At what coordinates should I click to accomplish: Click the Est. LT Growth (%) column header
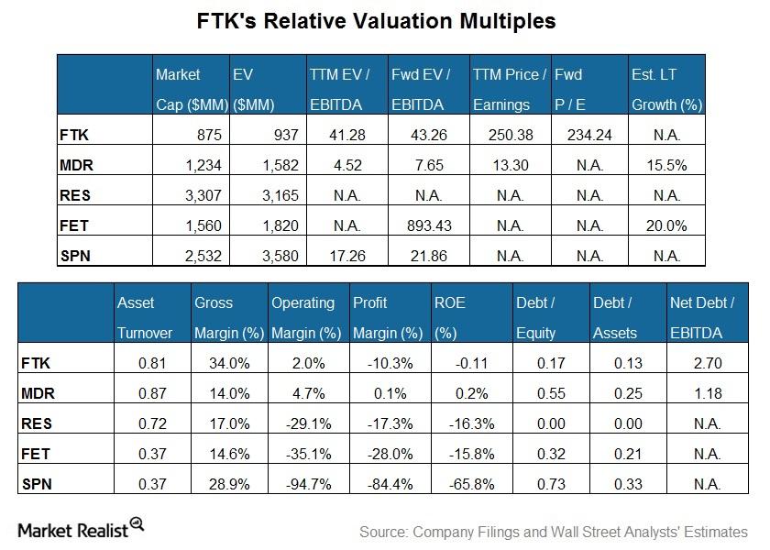click(x=666, y=89)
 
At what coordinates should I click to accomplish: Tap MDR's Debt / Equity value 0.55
click(x=545, y=393)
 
